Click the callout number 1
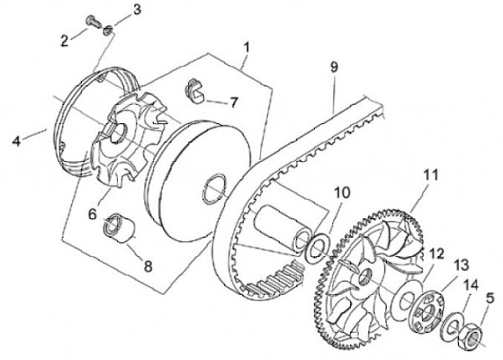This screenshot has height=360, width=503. (247, 48)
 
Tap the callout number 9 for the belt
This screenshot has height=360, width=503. (334, 67)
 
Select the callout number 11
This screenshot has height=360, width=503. (431, 175)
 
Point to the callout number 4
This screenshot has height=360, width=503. (16, 141)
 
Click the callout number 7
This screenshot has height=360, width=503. (233, 102)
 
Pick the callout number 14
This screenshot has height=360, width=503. (471, 285)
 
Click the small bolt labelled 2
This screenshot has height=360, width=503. (94, 22)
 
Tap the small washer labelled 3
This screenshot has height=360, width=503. (108, 31)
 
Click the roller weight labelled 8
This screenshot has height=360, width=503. (119, 228)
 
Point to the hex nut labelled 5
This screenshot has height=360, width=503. (472, 335)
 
